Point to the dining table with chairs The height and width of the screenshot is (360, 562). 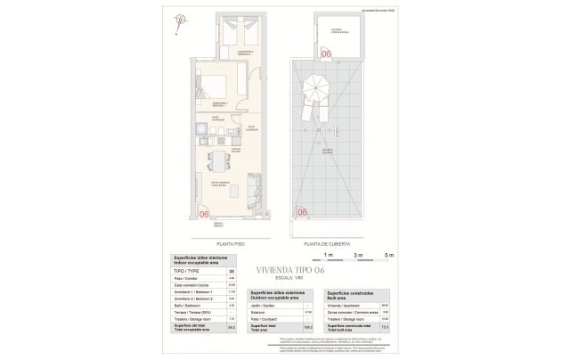[216, 160]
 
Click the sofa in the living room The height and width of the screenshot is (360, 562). [253, 190]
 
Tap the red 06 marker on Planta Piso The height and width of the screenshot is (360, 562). [204, 213]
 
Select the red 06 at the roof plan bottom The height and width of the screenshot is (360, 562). [302, 212]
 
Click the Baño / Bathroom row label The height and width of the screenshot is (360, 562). [183, 306]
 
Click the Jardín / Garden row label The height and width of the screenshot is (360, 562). [262, 305]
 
